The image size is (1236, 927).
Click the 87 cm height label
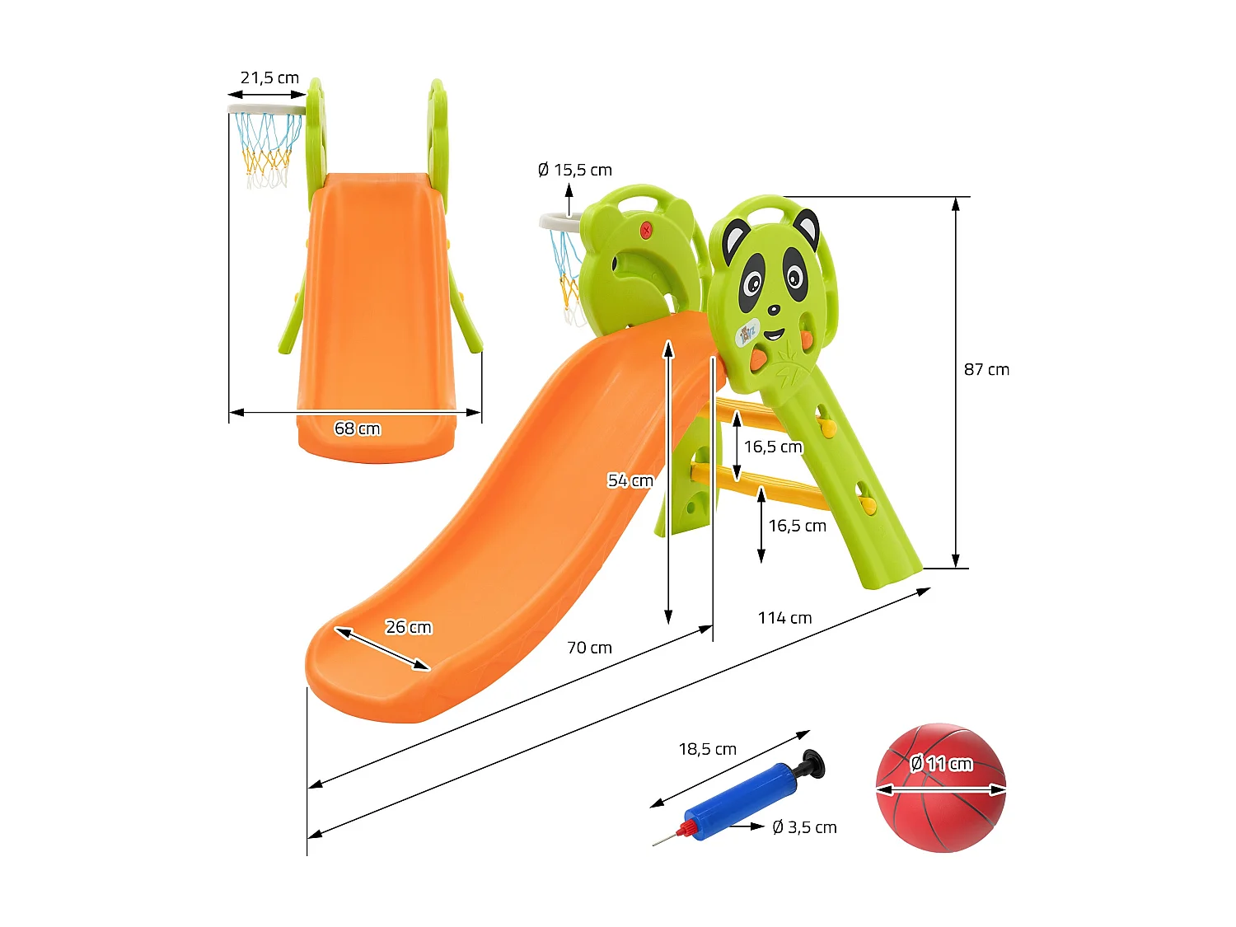click(986, 370)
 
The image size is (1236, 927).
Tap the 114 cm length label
click(784, 618)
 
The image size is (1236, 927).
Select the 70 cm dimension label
click(589, 648)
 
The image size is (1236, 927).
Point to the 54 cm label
click(630, 480)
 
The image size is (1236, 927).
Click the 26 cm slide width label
click(409, 627)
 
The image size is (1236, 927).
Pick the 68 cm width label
click(357, 428)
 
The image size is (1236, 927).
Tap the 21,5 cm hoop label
click(269, 78)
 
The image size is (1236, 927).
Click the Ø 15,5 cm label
click(574, 171)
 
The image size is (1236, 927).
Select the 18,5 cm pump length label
click(707, 749)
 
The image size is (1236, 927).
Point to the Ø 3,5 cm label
click(804, 827)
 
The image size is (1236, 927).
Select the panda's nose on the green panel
click(773, 311)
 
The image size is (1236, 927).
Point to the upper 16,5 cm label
click(773, 447)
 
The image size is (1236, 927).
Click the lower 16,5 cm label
click(797, 526)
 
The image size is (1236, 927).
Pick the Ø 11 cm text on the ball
click(940, 764)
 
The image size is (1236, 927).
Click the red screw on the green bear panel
click(646, 231)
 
